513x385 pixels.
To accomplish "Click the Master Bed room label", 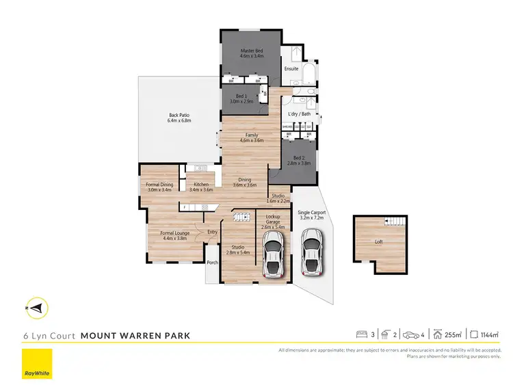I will click(252, 53).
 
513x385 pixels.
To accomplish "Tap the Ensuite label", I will click(292, 68).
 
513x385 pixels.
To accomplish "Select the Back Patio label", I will click(180, 117).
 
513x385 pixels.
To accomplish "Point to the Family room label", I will click(252, 137).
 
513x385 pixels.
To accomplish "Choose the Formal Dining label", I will click(159, 186).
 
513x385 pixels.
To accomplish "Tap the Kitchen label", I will click(201, 186).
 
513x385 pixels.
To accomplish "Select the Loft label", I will click(379, 242).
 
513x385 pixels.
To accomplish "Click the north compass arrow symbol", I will click(37, 308).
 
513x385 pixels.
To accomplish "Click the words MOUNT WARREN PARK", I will click(135, 336).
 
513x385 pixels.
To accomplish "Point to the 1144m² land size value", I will click(489, 335).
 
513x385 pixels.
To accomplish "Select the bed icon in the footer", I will click(363, 335).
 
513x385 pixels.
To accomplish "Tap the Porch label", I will click(212, 263).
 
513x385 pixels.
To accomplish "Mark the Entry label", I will click(213, 232).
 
